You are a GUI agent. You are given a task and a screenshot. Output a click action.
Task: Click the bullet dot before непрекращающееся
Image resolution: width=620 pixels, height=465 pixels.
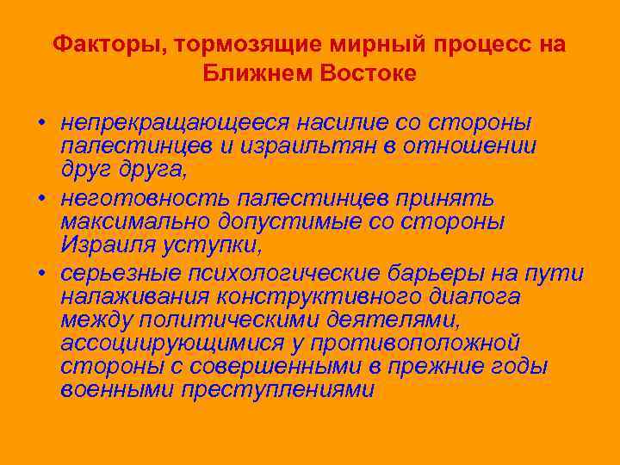[40, 123]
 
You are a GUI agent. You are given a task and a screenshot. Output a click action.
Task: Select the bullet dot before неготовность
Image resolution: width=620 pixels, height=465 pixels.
[40, 198]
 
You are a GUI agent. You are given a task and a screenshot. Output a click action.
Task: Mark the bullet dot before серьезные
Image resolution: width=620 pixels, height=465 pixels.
[40, 273]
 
